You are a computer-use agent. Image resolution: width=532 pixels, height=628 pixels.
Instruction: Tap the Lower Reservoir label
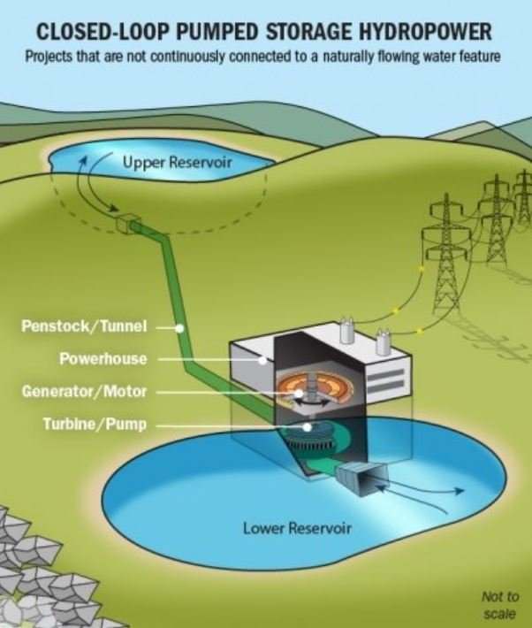pos(297,529)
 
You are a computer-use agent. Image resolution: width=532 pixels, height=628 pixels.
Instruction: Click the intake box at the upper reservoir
pos(128,224)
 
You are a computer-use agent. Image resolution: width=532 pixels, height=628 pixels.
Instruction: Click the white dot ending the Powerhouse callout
pos(262,360)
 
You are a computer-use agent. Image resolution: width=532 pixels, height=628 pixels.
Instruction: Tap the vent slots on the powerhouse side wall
pos(390,380)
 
